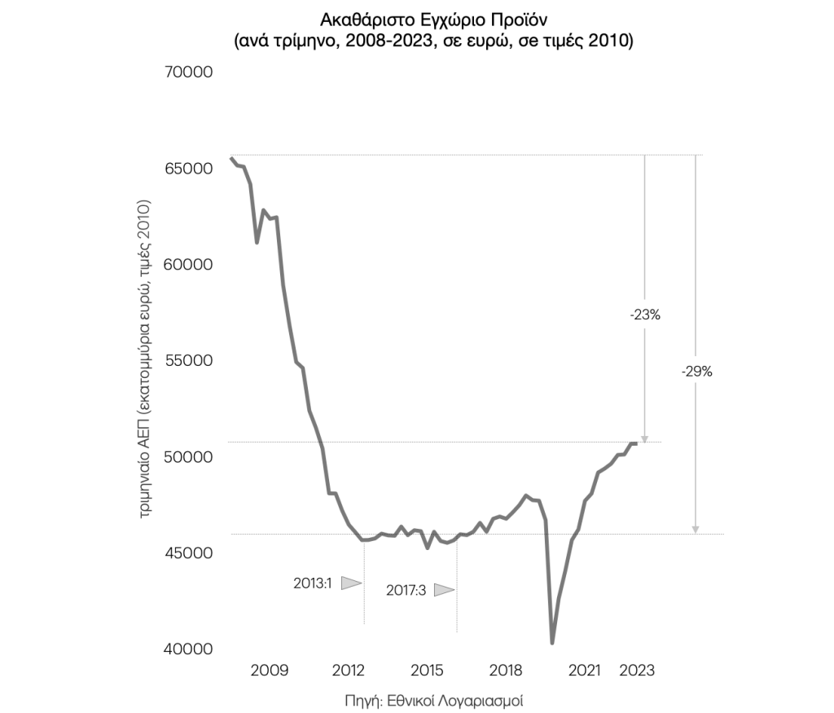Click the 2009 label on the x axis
pos(269,671)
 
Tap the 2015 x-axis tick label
pos(427,671)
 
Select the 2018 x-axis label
pos(505,671)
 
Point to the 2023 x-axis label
pos(637,671)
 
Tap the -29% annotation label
pos(696,372)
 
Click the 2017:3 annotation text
pos(406,590)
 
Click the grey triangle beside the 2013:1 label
pos(350,583)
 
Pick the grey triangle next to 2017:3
pos(443,590)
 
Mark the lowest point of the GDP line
pos(552,643)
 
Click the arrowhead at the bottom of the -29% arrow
pos(696,529)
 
